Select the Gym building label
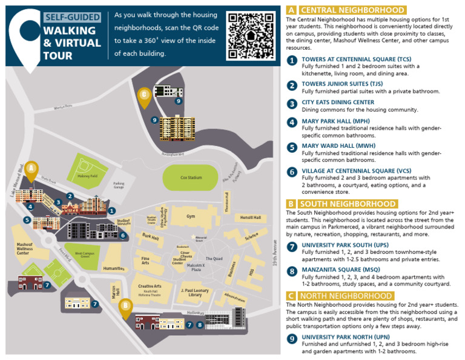(191, 216)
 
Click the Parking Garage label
(119, 185)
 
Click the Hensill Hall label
(249, 217)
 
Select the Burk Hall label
(150, 236)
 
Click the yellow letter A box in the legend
(291, 10)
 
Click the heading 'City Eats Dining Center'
(338, 102)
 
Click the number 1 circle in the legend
(292, 61)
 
